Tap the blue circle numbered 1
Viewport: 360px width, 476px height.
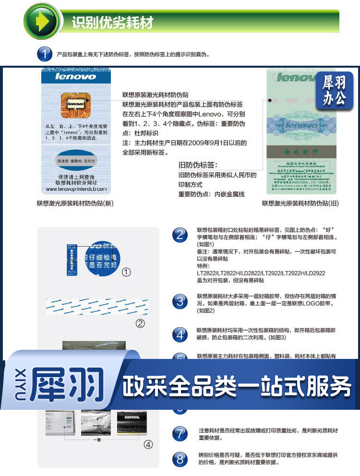click(x=45, y=54)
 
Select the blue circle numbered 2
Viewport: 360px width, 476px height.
click(x=180, y=235)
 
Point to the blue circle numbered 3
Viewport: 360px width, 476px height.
click(x=180, y=301)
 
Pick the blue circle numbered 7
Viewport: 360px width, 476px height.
click(x=180, y=434)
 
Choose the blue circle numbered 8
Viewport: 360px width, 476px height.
click(x=180, y=459)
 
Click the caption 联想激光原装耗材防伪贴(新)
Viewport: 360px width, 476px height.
click(x=75, y=203)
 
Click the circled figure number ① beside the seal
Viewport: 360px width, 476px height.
click(x=126, y=272)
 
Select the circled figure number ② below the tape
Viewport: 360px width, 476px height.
click(x=140, y=323)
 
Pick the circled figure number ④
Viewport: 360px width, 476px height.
click(x=148, y=444)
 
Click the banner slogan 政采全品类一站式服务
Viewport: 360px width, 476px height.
click(x=237, y=387)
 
